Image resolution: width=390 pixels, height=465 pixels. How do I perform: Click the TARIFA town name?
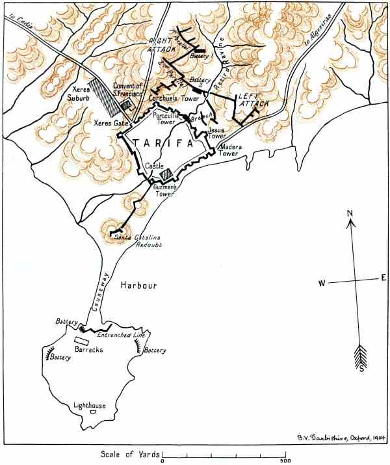[x=163, y=144]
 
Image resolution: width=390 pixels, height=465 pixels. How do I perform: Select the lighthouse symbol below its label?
[x=93, y=412]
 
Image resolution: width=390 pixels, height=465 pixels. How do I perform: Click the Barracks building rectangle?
[x=82, y=340]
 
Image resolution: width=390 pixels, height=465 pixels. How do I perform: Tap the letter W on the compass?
[x=321, y=284]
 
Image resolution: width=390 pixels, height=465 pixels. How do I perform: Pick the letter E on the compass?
[x=383, y=278]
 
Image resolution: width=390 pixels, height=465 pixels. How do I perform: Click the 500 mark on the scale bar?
[x=285, y=460]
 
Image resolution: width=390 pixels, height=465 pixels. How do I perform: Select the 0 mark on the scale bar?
[x=162, y=460]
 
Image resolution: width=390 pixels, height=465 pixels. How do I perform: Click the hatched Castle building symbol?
[x=166, y=174]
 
